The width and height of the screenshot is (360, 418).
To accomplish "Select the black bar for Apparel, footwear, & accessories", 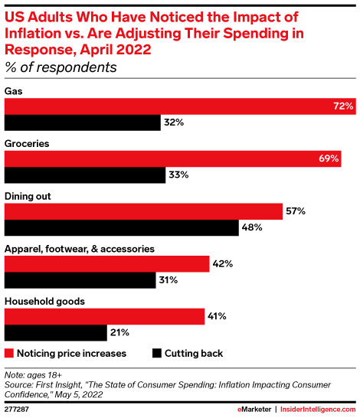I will pyautogui.click(x=80, y=280).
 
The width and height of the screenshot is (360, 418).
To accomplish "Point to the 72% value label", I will pyautogui.click(x=342, y=106).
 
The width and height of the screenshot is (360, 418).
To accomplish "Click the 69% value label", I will pyautogui.click(x=329, y=159).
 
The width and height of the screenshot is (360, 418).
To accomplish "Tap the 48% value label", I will pyautogui.click(x=253, y=227).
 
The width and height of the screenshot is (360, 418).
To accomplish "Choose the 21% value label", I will pyautogui.click(x=119, y=333).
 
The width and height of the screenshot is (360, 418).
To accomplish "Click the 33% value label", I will pyautogui.click(x=178, y=175).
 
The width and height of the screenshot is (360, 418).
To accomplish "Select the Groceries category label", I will pyautogui.click(x=28, y=143).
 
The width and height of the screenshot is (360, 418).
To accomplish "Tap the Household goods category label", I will pyautogui.click(x=44, y=301).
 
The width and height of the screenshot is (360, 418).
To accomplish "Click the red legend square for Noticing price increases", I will pyautogui.click(x=10, y=354).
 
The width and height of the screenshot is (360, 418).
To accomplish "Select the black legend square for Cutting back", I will pyautogui.click(x=158, y=354).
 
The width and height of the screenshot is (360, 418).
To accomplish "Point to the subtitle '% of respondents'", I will pyautogui.click(x=61, y=67).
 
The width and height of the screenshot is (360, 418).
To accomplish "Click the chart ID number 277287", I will pyautogui.click(x=18, y=410).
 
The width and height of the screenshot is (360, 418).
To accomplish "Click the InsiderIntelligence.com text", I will pyautogui.click(x=316, y=410).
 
